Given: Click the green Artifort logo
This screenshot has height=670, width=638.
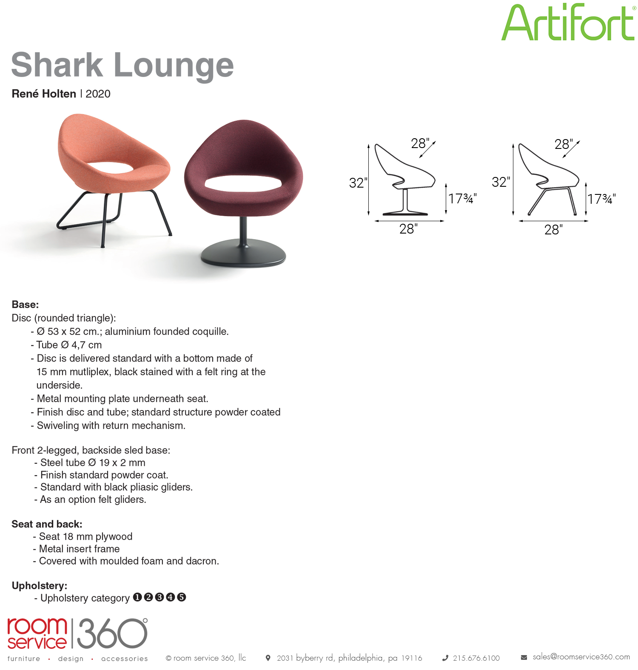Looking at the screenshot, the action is [568, 22].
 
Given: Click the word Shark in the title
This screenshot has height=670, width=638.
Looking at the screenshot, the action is [57, 65].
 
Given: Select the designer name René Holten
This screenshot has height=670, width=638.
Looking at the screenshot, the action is [44, 94].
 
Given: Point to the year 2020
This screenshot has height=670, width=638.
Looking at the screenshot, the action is [98, 94].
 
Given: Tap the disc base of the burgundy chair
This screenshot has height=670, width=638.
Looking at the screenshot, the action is [243, 254].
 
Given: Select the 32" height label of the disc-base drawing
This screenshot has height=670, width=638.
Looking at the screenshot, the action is [358, 183].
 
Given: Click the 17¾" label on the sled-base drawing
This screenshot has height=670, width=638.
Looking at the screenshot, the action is [601, 199].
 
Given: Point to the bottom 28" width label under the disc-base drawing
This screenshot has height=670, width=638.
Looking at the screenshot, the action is [408, 229].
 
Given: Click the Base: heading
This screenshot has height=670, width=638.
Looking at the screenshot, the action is [25, 305].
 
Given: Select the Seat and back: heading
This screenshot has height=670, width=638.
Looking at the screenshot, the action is [47, 524].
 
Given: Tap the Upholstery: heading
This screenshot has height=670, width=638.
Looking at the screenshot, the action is [39, 586].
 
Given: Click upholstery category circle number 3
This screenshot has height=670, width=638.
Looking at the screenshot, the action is [159, 597].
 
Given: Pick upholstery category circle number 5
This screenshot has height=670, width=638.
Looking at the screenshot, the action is [182, 597].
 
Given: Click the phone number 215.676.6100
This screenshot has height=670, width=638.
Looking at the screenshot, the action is [476, 658].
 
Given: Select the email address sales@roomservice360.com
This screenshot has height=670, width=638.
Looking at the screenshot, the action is [581, 657].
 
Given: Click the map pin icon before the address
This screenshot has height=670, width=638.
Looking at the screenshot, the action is [268, 658].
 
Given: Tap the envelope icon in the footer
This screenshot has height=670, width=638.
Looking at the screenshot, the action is [524, 658].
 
